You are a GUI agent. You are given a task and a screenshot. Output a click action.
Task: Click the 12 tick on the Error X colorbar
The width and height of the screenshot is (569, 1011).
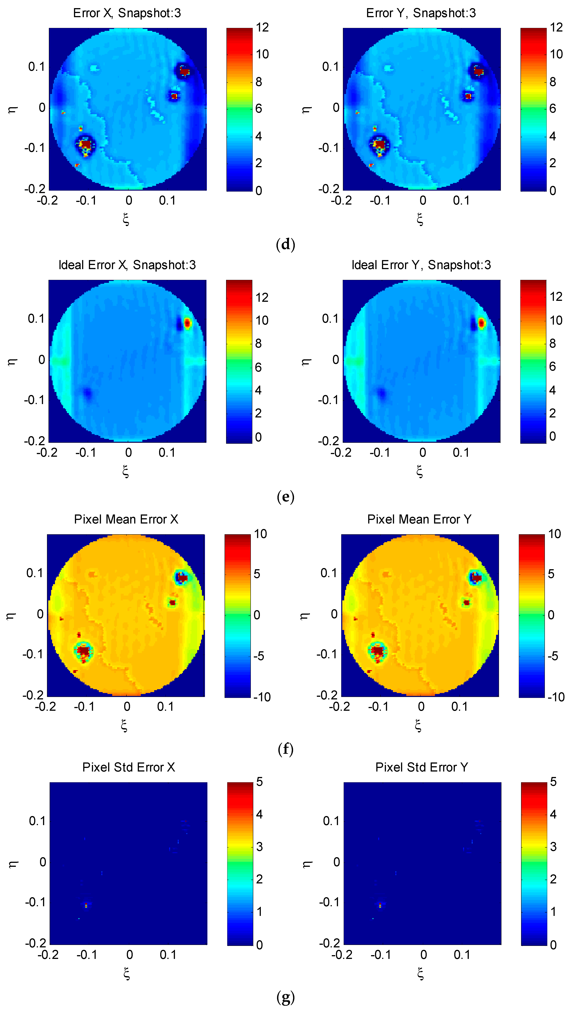tap(262, 28)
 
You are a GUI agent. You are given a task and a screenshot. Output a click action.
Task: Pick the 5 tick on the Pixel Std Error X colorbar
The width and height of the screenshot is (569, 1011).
tap(259, 782)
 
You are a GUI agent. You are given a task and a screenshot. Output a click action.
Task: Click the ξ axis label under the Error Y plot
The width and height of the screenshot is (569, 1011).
tap(420, 219)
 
